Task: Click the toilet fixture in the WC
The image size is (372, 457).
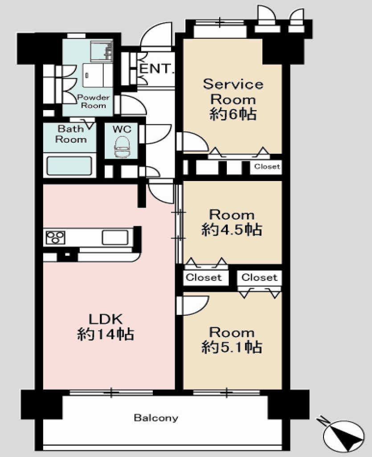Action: (x=122, y=148)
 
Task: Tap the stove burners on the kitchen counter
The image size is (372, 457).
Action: (x=55, y=238)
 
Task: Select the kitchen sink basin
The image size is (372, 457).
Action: (x=115, y=237)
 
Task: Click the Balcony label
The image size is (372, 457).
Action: (x=156, y=418)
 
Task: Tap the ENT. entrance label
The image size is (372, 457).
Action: (x=157, y=69)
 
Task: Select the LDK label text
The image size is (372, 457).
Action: (x=106, y=319)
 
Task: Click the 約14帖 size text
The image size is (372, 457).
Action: (x=106, y=334)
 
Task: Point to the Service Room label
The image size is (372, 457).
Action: (x=233, y=92)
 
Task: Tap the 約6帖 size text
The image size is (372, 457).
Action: (x=233, y=114)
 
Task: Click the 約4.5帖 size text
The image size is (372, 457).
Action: (x=232, y=230)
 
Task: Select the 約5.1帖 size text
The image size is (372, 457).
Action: (x=232, y=347)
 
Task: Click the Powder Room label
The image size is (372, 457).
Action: (x=93, y=101)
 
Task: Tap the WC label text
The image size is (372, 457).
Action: (x=122, y=129)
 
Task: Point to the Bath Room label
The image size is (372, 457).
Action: (x=71, y=134)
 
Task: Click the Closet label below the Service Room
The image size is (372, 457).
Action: (x=267, y=166)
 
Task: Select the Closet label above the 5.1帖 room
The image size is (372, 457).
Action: (x=259, y=277)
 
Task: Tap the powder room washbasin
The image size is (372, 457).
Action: (x=102, y=51)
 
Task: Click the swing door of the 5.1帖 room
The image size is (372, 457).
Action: (x=193, y=305)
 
